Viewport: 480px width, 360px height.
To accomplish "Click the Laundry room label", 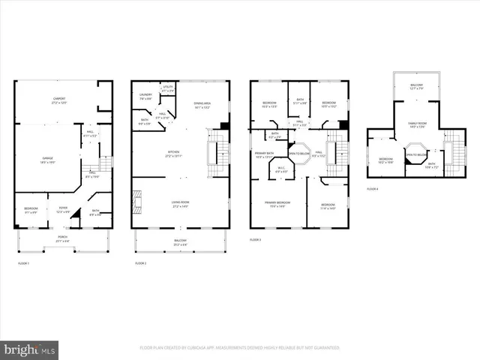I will click(146, 96).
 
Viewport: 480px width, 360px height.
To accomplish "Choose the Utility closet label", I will click(167, 88).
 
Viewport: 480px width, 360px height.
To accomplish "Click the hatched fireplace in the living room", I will click(135, 201).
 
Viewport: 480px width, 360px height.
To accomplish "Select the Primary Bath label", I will click(265, 154).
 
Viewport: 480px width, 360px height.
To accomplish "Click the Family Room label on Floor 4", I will click(416, 124).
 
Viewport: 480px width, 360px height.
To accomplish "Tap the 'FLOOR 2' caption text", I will click(142, 264).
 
